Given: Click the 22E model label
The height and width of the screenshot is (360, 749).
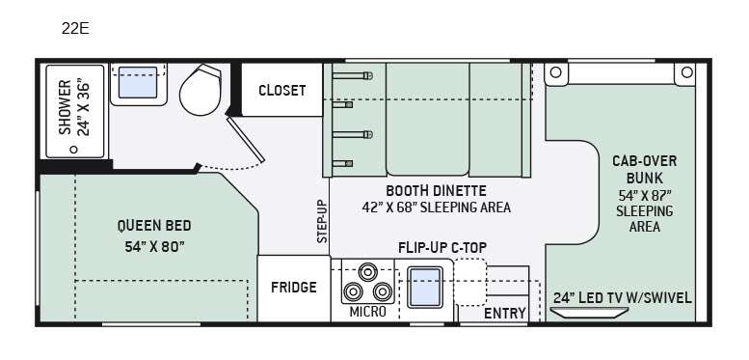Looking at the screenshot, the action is pos(75,29).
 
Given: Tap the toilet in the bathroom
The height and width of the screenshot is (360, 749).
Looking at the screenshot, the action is pos(201,91).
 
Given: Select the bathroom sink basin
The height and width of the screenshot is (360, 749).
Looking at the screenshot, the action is pos(138,83).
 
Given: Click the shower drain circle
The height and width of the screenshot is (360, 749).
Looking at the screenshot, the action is pos(73,150).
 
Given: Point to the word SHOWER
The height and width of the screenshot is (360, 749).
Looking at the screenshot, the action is pos(65,107).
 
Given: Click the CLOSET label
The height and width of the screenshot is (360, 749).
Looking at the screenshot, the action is pos(281,91).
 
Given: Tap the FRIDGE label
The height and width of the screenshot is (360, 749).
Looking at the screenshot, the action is pos(294,288).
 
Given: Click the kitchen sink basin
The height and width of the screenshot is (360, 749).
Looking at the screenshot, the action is pos(425,288).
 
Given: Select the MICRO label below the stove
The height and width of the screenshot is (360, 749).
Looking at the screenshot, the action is pos(367,312).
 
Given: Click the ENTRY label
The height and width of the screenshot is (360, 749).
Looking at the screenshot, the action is pos(505,314).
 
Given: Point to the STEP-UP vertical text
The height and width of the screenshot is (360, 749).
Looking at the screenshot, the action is pos(323,221).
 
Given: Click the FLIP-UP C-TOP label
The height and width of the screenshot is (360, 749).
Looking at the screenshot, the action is pos(442,248).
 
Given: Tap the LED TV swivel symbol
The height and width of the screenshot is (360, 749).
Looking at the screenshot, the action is pos(589,313).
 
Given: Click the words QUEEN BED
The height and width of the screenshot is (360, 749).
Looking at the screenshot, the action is pos(154,225).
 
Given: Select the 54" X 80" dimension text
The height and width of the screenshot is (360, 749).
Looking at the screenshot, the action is pos(155,247).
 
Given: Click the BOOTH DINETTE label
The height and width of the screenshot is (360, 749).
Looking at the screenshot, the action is pos(436,191).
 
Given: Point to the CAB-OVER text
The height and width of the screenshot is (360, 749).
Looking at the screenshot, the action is pos(644,161).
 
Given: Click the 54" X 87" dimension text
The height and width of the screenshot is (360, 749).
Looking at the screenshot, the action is pos(644,196).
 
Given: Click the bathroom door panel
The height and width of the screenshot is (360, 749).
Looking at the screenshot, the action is pos(245,140).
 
